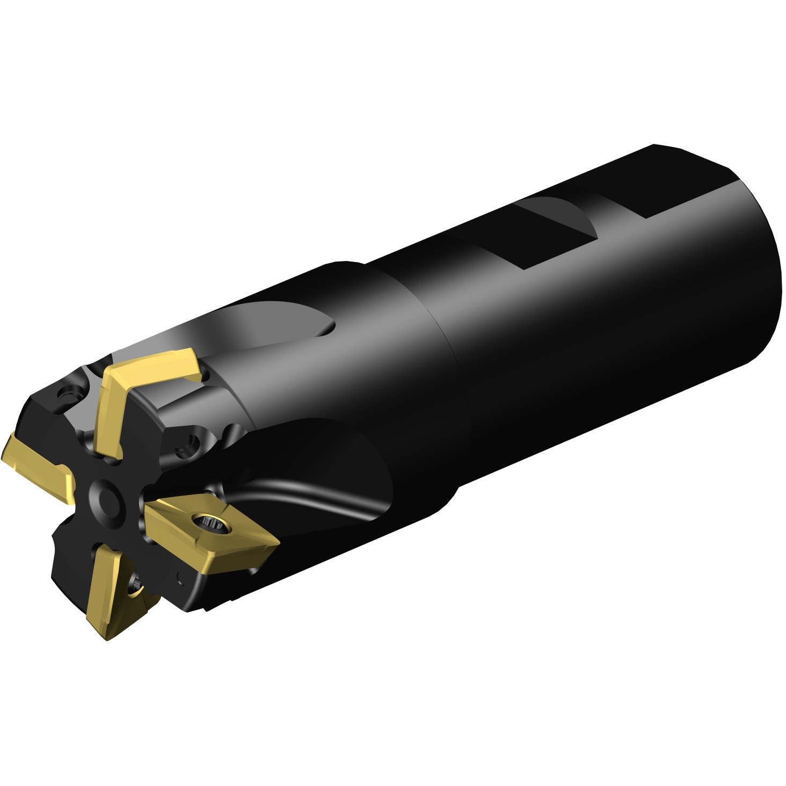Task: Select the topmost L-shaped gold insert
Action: pos(145,376)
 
